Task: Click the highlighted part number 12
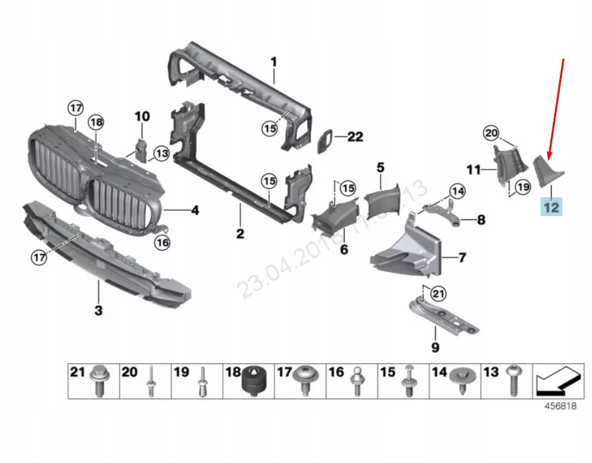[551, 206]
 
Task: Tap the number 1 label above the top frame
[274, 62]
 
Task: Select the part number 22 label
[355, 136]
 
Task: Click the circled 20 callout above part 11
[491, 133]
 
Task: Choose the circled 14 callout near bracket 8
[457, 190]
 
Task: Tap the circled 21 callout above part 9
[438, 293]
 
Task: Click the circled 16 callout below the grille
[162, 242]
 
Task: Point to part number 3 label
[98, 310]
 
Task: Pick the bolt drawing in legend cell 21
[99, 380]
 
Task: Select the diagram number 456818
[560, 406]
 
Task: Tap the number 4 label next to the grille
[195, 210]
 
